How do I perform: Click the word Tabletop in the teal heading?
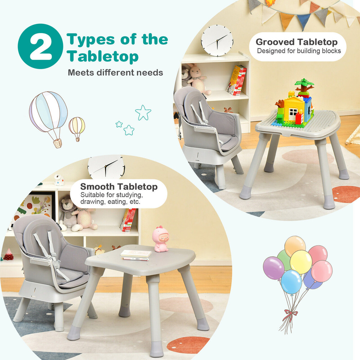(103, 57)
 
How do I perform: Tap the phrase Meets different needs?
(115, 72)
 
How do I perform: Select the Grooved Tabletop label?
(297, 42)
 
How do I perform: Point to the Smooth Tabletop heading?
(119, 187)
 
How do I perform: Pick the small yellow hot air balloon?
(77, 127)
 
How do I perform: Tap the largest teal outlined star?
(143, 112)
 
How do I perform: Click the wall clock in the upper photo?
(217, 40)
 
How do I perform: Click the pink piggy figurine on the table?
(162, 239)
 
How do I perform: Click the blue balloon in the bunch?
(291, 282)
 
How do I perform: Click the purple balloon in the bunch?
(274, 268)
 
